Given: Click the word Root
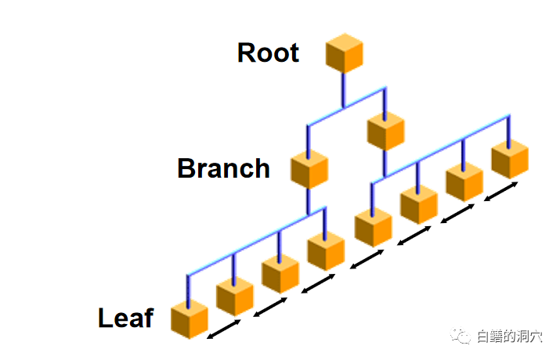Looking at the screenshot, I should (268, 52).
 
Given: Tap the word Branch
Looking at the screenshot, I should (223, 168).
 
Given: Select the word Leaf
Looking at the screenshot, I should (125, 318).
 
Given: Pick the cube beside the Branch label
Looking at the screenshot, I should (309, 170).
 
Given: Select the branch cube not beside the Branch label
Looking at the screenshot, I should (385, 131).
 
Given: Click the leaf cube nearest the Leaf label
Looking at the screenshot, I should (189, 319).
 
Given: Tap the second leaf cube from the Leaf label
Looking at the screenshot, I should (234, 297).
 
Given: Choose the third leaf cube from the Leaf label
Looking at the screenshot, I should (280, 274).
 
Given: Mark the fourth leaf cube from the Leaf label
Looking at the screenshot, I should (326, 252).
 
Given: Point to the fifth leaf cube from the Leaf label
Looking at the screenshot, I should (372, 228).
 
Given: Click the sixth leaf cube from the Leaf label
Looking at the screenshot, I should (418, 205).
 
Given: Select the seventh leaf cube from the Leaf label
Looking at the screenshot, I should (464, 182).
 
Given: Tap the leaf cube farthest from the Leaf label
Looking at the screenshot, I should (509, 160).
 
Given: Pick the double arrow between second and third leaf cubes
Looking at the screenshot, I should (271, 307).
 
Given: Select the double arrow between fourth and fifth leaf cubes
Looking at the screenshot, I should (365, 260).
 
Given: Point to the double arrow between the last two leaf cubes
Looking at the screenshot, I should (501, 192).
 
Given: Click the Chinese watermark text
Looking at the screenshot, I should (509, 337).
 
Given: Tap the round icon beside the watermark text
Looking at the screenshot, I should (462, 337).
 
